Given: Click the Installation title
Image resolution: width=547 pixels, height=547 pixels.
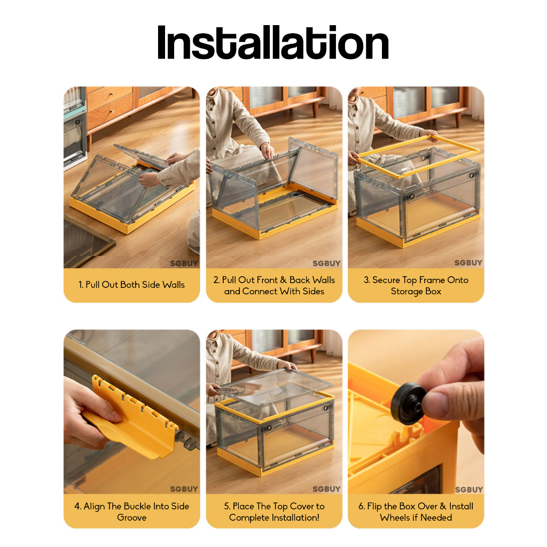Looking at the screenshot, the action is [273, 43].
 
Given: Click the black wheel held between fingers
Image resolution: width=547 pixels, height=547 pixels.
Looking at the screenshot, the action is [409, 404].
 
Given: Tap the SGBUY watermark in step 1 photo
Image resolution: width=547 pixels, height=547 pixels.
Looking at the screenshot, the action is [184, 263].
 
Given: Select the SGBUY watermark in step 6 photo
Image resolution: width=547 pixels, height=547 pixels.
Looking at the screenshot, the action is [469, 490].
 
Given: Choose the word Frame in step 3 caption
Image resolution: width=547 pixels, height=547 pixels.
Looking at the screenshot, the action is [432, 280].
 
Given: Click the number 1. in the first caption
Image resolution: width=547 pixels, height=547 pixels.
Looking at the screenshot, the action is [81, 285].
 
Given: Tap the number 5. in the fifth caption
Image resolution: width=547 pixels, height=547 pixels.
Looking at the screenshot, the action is [227, 506].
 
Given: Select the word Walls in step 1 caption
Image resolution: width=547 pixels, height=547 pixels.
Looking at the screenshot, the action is [174, 285].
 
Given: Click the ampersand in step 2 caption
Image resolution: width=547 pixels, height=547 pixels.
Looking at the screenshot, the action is [283, 280].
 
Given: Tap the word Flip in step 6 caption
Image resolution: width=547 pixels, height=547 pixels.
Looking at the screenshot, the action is [374, 506].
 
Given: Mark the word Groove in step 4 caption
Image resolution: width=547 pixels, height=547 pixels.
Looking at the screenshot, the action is [131, 517].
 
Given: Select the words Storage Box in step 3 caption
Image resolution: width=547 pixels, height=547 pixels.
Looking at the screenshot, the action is [416, 291].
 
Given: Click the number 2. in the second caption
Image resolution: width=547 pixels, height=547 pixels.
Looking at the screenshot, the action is [217, 280].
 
